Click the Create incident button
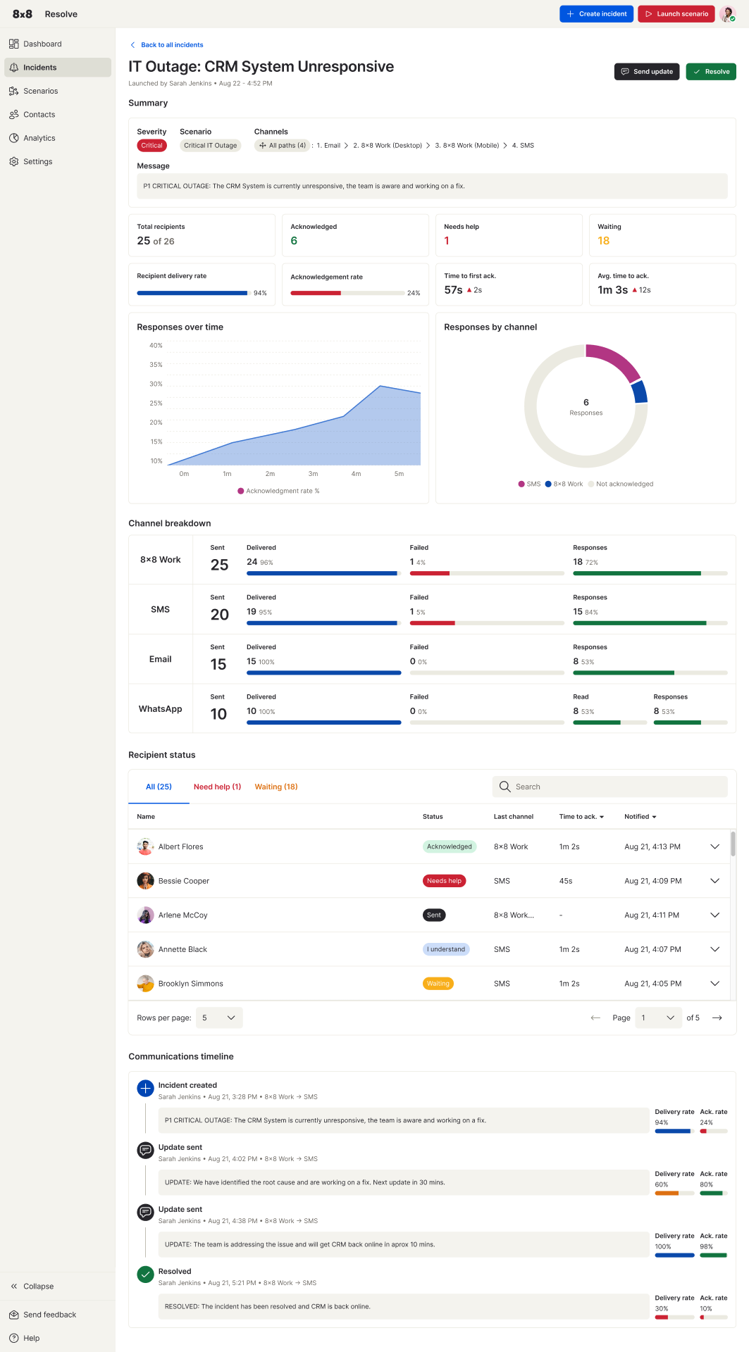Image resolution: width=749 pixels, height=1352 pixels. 597,14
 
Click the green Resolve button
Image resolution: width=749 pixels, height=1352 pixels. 711,72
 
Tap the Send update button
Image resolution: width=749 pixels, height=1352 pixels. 647,72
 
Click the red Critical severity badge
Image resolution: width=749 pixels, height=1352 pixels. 151,146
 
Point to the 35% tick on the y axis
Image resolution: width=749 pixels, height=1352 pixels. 156,365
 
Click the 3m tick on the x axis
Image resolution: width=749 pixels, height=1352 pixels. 313,474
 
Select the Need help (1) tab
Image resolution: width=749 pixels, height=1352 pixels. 217,787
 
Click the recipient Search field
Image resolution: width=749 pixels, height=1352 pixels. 610,787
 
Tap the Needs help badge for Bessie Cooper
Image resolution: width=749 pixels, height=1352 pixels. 445,881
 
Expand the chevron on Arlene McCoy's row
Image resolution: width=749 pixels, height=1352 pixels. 714,915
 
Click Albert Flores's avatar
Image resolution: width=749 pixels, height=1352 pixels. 145,846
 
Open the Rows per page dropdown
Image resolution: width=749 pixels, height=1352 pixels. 219,1018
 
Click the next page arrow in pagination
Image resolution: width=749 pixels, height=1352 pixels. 717,1018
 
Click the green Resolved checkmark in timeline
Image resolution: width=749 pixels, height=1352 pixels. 145,1274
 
